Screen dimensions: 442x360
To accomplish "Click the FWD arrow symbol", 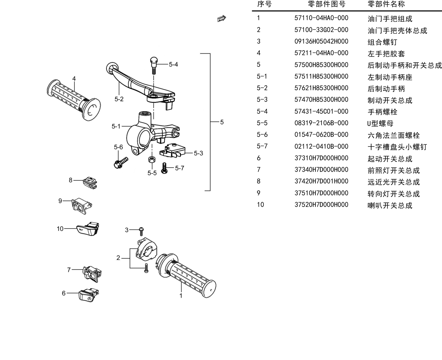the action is click(x=221, y=18).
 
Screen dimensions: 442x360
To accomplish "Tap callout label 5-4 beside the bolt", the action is click(x=173, y=64).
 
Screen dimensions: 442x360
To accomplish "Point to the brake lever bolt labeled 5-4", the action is click(x=154, y=65).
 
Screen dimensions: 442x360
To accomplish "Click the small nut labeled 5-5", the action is click(x=152, y=159).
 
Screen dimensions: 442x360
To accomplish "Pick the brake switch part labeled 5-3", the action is click(x=172, y=150).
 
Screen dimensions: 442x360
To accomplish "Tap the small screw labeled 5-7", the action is click(x=164, y=168).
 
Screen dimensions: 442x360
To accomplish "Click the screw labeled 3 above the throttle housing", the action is click(x=141, y=231).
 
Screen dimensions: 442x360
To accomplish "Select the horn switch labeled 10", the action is click(x=88, y=229).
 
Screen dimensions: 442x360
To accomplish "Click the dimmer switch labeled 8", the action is click(x=90, y=183).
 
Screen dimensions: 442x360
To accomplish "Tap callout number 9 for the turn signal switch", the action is click(x=60, y=201).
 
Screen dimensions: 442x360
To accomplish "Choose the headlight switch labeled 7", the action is click(x=92, y=274).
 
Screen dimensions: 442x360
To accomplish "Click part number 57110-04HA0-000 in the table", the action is click(x=321, y=18).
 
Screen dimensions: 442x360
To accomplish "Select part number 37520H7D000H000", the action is click(x=321, y=205).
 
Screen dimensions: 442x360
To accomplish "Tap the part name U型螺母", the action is click(x=380, y=123).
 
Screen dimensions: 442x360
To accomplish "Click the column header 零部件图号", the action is click(x=326, y=4).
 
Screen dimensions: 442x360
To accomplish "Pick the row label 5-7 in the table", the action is click(x=262, y=146).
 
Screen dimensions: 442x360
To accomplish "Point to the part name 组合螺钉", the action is click(x=382, y=42).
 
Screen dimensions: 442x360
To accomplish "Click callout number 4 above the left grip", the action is click(x=74, y=79).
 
